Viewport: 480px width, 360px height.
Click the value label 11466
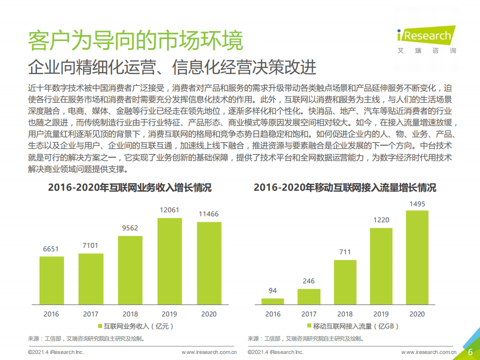click(x=209, y=214)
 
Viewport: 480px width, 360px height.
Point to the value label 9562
click(x=130, y=228)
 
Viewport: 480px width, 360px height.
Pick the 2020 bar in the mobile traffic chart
click(x=416, y=257)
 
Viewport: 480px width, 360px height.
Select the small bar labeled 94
click(x=273, y=300)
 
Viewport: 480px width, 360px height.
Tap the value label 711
click(x=345, y=252)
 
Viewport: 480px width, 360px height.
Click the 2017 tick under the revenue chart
click(x=91, y=314)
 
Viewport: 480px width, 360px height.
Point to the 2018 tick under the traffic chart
click(x=345, y=314)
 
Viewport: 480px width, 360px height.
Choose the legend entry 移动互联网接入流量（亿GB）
click(x=353, y=326)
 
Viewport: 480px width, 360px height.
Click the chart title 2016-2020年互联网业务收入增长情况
click(x=130, y=188)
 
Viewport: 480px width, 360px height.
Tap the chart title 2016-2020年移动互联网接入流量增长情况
click(x=345, y=188)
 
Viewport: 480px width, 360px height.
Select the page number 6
click(x=470, y=352)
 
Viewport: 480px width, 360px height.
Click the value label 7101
click(x=91, y=245)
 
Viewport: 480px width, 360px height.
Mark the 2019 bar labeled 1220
click(x=381, y=265)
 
